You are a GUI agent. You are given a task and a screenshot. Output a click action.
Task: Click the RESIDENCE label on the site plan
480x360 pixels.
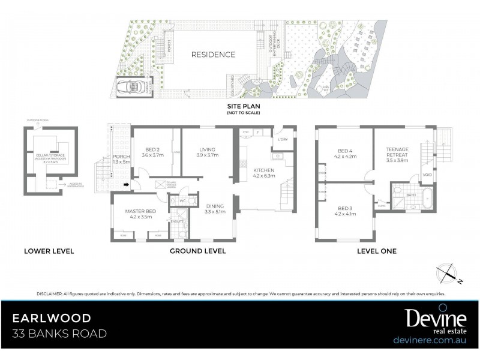coord(213,55)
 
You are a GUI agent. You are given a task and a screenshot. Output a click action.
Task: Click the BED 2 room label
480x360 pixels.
coord(152,151)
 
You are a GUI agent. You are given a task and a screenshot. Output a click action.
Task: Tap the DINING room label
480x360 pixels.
coord(215,208)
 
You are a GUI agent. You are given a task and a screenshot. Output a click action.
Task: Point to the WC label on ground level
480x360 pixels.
coord(182,201)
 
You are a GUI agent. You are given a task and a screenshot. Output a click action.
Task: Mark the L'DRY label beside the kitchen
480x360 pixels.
coord(284,140)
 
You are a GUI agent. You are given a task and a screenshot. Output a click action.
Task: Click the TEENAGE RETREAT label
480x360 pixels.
coord(397,152)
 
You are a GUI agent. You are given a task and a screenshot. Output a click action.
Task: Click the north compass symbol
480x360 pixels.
coord(448,272)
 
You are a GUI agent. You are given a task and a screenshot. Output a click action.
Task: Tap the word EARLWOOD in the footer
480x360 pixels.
coord(53,317)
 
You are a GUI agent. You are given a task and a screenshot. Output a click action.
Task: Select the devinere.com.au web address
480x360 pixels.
coord(430,340)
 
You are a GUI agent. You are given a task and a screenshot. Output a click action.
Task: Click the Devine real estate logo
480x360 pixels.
coord(430,319)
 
